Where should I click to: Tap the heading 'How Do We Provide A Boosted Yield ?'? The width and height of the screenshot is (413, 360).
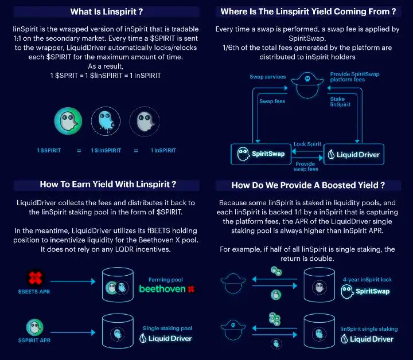click(x=307, y=185)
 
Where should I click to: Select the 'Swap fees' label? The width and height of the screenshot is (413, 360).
click(x=272, y=101)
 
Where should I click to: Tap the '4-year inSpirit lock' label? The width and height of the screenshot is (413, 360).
click(x=368, y=280)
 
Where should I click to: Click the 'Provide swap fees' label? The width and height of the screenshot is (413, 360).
click(x=306, y=166)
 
